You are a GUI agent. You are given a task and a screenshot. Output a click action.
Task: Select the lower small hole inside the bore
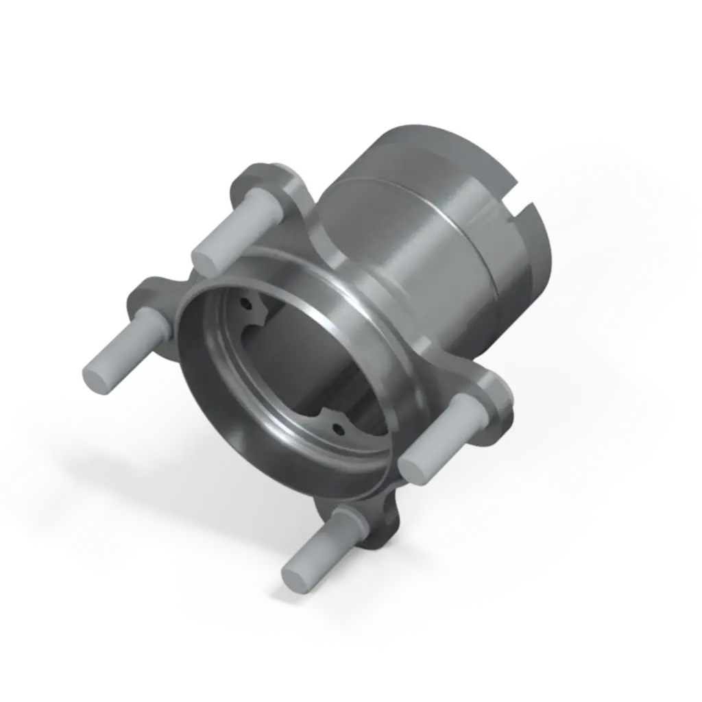tap(337, 429)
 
